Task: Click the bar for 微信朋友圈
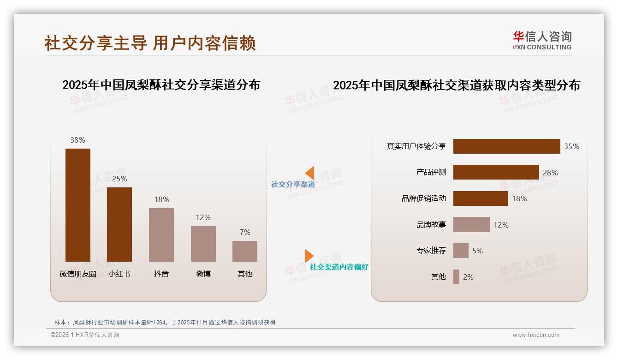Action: click(x=77, y=205)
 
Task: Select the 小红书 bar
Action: click(x=119, y=224)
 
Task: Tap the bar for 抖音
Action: click(x=161, y=234)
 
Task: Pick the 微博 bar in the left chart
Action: click(x=203, y=244)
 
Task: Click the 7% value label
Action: click(x=245, y=232)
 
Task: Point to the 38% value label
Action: click(x=77, y=140)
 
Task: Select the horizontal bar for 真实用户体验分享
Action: click(x=506, y=146)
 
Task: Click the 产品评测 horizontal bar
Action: click(x=496, y=172)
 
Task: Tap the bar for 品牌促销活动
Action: click(x=481, y=198)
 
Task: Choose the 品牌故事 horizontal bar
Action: click(x=471, y=225)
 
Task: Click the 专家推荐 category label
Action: click(x=431, y=251)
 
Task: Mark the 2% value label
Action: click(x=468, y=277)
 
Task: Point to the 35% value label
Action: click(x=571, y=146)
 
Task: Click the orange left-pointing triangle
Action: click(x=310, y=173)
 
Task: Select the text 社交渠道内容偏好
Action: click(x=339, y=267)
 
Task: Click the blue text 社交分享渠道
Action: click(x=293, y=184)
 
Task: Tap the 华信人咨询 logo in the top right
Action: click(x=542, y=40)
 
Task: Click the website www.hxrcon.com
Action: click(x=536, y=335)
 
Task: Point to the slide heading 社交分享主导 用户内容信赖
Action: click(x=150, y=43)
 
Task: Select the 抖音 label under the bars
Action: click(x=161, y=274)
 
